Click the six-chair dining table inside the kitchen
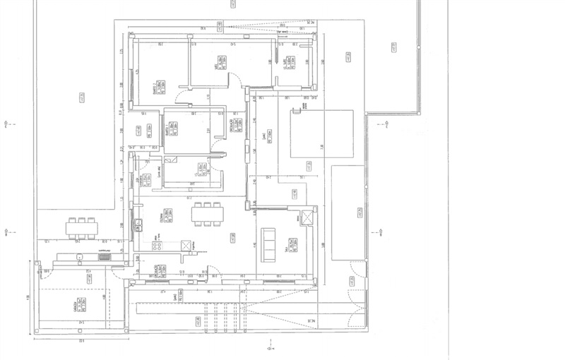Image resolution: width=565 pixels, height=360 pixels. pos(207,214)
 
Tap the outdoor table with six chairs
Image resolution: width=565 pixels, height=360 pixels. pos(82,227)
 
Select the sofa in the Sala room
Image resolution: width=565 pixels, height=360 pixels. pos(268,244)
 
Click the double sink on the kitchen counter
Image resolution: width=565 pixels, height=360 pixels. pos(139,225)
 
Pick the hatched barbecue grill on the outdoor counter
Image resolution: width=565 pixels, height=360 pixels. pos(105,257)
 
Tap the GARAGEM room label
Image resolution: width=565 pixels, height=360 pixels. pos(76,305)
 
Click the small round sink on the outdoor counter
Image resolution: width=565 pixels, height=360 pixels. pos(79,256)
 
